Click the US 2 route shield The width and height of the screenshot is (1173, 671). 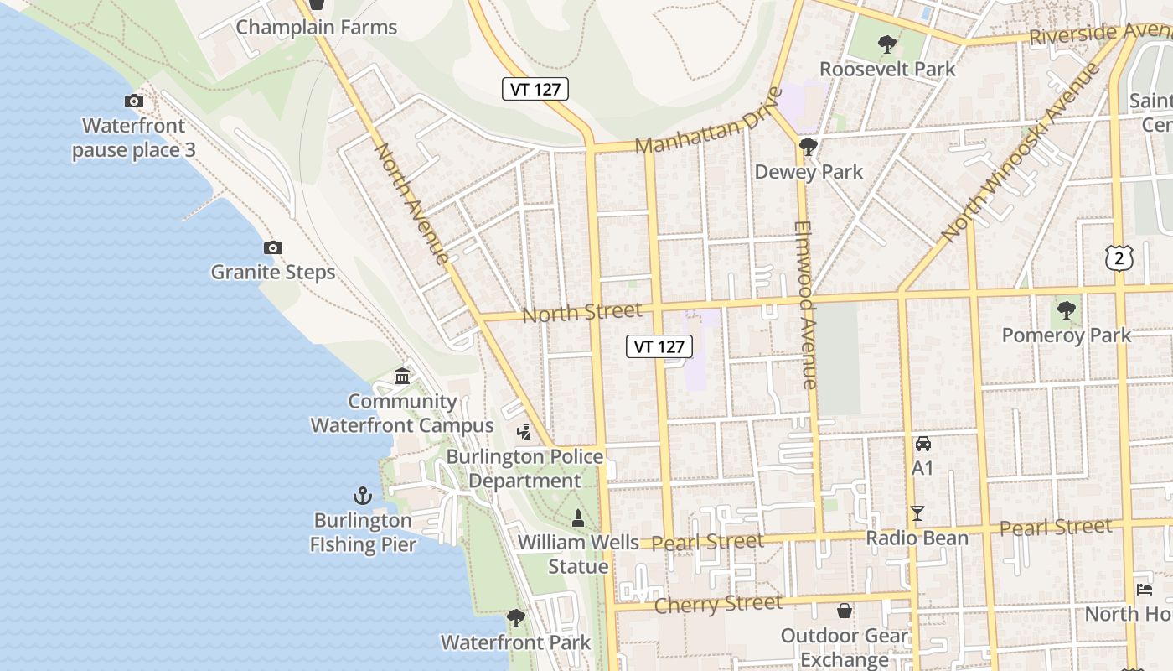1119,258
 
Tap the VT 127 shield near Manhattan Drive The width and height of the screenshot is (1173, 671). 535,89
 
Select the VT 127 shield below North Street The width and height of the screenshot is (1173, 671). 659,346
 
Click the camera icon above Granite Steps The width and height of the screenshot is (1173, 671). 272,248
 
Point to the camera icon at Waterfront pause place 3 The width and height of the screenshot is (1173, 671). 133,101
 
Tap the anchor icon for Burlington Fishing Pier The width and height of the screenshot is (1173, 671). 363,496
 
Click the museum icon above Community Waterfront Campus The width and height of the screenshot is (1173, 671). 402,377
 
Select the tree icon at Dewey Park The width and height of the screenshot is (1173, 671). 809,148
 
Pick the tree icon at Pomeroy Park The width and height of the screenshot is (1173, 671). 1066,311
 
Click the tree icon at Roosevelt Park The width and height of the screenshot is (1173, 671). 886,44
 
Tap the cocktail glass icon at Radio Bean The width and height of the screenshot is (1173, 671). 917,513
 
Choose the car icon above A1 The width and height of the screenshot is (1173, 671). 922,443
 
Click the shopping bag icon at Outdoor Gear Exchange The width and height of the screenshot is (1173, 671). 845,611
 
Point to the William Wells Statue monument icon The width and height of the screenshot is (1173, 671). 576,518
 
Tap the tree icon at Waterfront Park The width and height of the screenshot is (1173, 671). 516,619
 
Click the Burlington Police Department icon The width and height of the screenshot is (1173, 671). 524,432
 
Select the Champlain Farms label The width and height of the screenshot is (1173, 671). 316,27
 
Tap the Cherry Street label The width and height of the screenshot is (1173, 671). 718,603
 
